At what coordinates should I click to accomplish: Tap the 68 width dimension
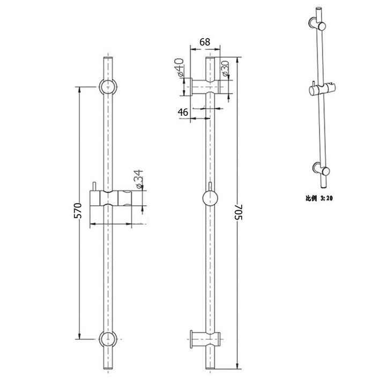click(205, 41)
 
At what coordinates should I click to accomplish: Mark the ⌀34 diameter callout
click(138, 179)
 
